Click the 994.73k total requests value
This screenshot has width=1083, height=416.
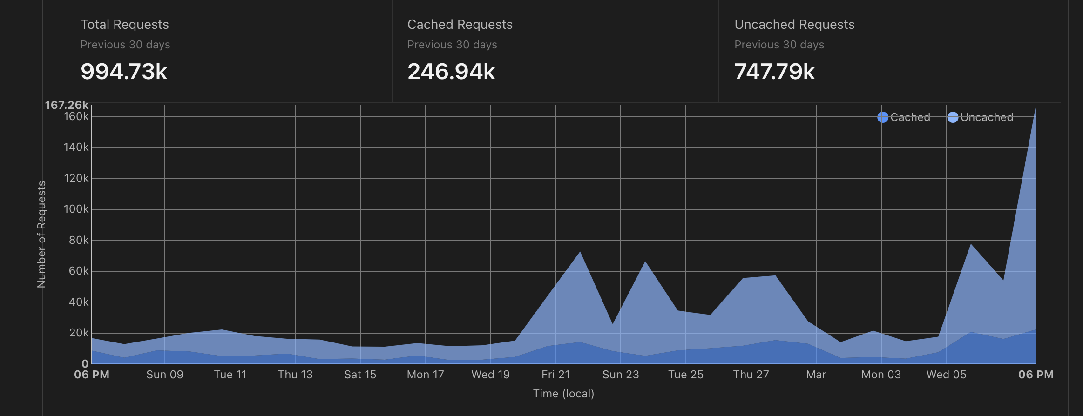[x=124, y=72]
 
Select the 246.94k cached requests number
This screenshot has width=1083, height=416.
[x=451, y=72]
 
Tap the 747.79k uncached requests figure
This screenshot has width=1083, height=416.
[x=774, y=72]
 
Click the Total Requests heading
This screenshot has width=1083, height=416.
[x=124, y=25]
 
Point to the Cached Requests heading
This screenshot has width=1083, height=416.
[x=460, y=25]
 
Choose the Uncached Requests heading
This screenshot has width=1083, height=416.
[x=794, y=25]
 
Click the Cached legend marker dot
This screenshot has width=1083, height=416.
[x=882, y=117]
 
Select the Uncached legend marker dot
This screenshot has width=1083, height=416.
[x=953, y=117]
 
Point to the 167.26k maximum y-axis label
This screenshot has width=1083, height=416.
[x=67, y=105]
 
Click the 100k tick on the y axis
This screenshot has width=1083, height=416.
[x=76, y=209]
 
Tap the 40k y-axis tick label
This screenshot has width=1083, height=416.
[x=78, y=302]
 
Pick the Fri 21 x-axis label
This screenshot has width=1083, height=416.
[x=555, y=375]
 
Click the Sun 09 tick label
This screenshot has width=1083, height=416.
[x=165, y=375]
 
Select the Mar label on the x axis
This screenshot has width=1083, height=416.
[x=816, y=375]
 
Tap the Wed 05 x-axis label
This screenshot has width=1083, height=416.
[x=946, y=375]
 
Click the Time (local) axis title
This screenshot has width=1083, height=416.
[x=563, y=394]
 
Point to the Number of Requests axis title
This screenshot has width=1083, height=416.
[x=41, y=235]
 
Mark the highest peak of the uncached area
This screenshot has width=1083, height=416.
[x=1035, y=107]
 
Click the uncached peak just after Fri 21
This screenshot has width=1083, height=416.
[x=580, y=252]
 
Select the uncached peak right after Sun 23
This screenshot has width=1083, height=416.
[x=645, y=262]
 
